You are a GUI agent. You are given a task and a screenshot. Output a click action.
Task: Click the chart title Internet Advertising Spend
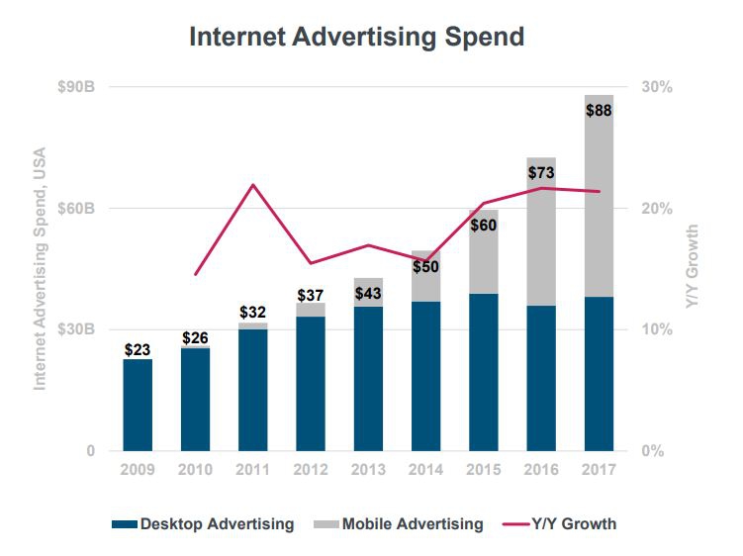click(x=356, y=39)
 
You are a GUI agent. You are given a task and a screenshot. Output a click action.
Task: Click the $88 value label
click(x=599, y=111)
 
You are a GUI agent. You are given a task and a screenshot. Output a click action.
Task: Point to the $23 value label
click(x=138, y=349)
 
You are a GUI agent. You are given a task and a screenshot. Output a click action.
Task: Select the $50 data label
click(x=425, y=266)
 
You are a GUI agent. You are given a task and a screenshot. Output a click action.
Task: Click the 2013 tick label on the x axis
click(x=368, y=469)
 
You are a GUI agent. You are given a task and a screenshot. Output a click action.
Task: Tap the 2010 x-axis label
click(x=195, y=469)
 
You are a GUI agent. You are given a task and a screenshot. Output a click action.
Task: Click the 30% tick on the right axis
click(x=658, y=87)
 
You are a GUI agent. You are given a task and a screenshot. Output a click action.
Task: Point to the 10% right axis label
click(x=658, y=329)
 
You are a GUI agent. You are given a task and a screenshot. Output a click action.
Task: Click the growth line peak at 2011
click(x=252, y=185)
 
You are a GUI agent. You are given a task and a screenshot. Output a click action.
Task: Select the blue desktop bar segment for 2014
click(x=425, y=376)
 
